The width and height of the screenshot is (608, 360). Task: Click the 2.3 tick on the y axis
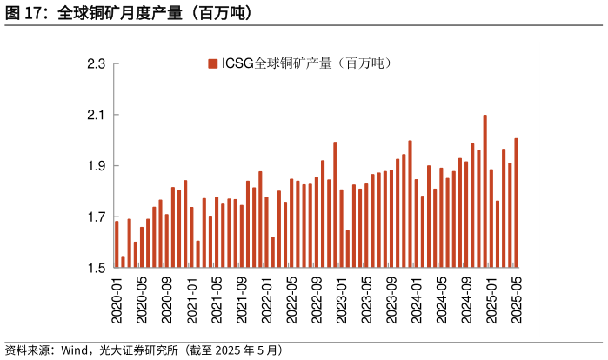pyautogui.click(x=96, y=64)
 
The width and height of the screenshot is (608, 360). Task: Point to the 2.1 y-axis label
pyautogui.click(x=96, y=115)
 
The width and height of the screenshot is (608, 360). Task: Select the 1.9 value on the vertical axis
pyautogui.click(x=96, y=166)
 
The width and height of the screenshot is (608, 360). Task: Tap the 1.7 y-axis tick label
pyautogui.click(x=96, y=217)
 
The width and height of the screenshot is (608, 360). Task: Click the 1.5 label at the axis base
pyautogui.click(x=96, y=268)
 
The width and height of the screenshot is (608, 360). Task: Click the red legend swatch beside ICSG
pyautogui.click(x=211, y=63)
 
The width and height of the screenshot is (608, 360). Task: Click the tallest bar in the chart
pyautogui.click(x=484, y=190)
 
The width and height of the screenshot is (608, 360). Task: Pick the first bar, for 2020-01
pyautogui.click(x=117, y=244)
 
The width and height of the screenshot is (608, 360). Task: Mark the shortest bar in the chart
pyautogui.click(x=123, y=262)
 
